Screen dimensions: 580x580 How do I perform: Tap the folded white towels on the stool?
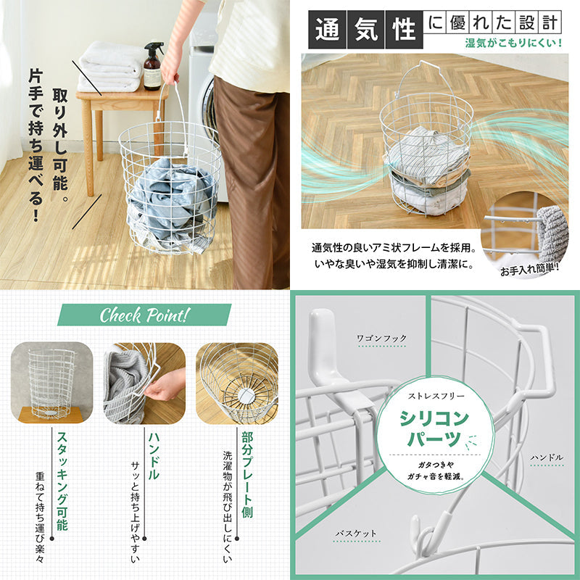click(x=111, y=67)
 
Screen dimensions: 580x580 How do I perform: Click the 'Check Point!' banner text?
click(x=144, y=315)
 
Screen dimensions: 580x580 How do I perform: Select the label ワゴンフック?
click(x=381, y=339)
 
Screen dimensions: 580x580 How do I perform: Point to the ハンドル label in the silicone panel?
click(x=547, y=457)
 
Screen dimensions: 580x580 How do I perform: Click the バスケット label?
click(x=356, y=534)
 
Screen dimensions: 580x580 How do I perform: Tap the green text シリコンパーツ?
click(x=434, y=428)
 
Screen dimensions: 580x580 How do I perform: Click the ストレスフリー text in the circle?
click(x=436, y=396)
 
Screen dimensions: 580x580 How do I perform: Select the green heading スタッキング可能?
click(x=62, y=481)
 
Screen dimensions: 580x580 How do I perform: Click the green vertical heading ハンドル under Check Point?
click(x=154, y=456)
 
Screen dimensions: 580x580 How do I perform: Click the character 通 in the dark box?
click(x=328, y=30)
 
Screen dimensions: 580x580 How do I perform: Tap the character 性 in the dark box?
click(x=404, y=30)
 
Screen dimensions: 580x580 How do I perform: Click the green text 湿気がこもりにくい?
click(x=514, y=43)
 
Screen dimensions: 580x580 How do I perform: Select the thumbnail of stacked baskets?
click(x=51, y=383)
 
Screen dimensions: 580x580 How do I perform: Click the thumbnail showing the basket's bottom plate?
click(x=237, y=383)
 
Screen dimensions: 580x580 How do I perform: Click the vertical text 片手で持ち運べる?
click(x=36, y=145)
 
